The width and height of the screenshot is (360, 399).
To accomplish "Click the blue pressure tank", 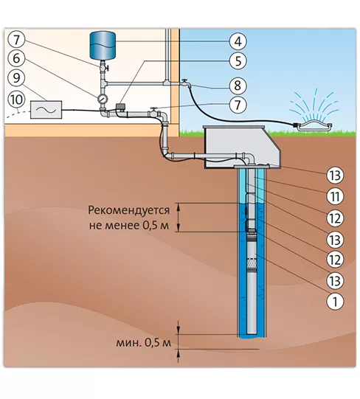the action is (103, 46).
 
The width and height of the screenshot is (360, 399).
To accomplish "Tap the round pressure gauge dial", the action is (103, 99).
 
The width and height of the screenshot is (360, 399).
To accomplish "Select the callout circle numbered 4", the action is (238, 41).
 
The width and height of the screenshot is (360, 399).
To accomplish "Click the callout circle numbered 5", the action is (238, 61).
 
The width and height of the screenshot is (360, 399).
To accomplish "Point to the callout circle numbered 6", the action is (16, 58).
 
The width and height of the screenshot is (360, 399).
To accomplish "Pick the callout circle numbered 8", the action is (238, 86).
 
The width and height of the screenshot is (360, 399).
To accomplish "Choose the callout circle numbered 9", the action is (16, 77).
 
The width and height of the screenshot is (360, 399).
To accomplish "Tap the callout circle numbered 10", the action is (16, 100).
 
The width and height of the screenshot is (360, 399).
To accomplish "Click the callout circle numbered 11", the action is (335, 196).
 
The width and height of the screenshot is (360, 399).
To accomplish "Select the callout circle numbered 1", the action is (335, 301).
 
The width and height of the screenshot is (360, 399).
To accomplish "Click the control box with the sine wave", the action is (46, 110).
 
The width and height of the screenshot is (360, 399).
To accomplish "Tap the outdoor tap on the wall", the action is (186, 83).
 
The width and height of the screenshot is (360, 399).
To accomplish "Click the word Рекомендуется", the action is (129, 210).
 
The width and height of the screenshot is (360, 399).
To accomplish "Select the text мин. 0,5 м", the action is (143, 343).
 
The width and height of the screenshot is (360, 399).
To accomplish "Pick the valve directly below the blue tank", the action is (103, 68).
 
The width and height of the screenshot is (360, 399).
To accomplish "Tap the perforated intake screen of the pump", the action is (252, 263).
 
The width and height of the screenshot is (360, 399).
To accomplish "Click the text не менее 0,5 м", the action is (129, 226).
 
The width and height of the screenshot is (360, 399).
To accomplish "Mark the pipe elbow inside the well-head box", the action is (249, 158).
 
